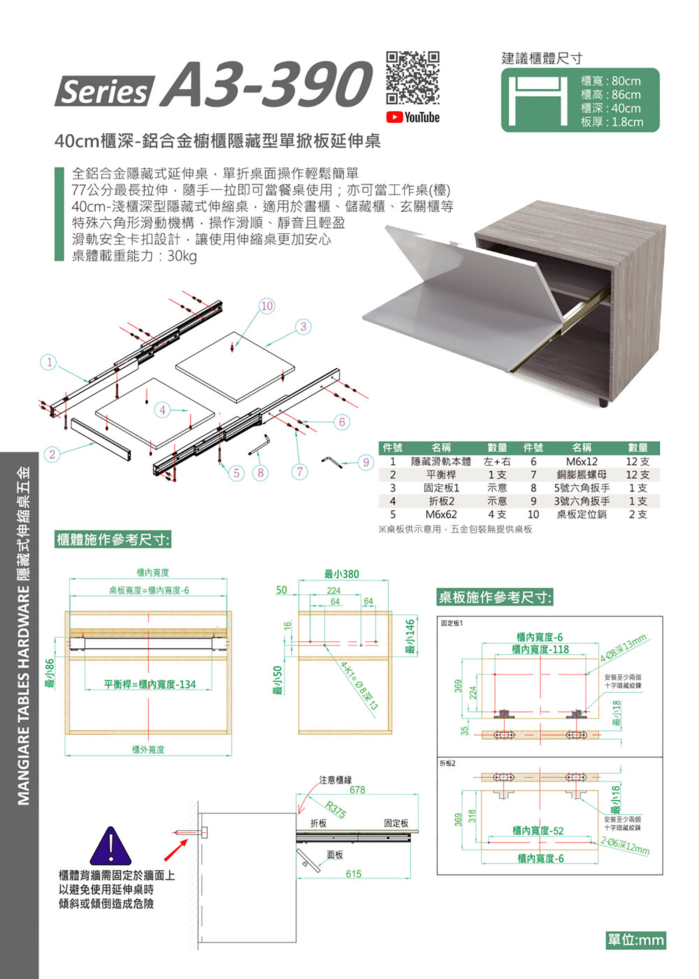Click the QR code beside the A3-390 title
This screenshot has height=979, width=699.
coord(412,78)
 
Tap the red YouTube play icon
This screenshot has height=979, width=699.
coord(394,117)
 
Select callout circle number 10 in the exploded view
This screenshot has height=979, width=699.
coord(267,306)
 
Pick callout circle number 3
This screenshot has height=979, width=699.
coord(303,327)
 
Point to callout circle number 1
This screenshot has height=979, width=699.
coord(49,362)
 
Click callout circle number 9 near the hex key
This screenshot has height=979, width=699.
coord(366,462)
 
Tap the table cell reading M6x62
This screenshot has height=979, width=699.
coord(441,514)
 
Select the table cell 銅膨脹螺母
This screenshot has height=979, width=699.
coord(582,475)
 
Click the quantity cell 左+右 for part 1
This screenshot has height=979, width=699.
coord(497,461)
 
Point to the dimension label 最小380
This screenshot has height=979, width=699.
coord(341,574)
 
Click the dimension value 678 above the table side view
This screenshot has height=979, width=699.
coord(357,790)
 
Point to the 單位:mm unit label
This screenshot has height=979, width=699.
coord(636,940)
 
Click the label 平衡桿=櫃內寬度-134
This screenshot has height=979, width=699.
coord(150,684)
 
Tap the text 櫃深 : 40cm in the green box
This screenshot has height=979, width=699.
coord(610,108)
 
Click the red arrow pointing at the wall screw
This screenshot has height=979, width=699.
coord(175,850)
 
